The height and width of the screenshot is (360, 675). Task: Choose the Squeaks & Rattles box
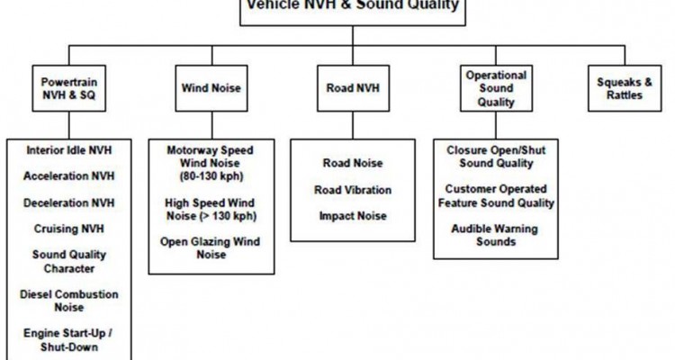(620, 88)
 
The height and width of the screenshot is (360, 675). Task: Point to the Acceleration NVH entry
(69, 176)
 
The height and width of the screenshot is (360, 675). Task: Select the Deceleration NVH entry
(69, 202)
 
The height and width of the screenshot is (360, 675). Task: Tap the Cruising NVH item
(69, 229)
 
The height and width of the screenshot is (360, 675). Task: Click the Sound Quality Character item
(69, 261)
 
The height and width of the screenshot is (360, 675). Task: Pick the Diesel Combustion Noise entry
(69, 301)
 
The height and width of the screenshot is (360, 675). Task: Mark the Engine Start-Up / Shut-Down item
(69, 340)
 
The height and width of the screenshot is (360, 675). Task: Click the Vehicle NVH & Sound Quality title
(352, 4)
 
